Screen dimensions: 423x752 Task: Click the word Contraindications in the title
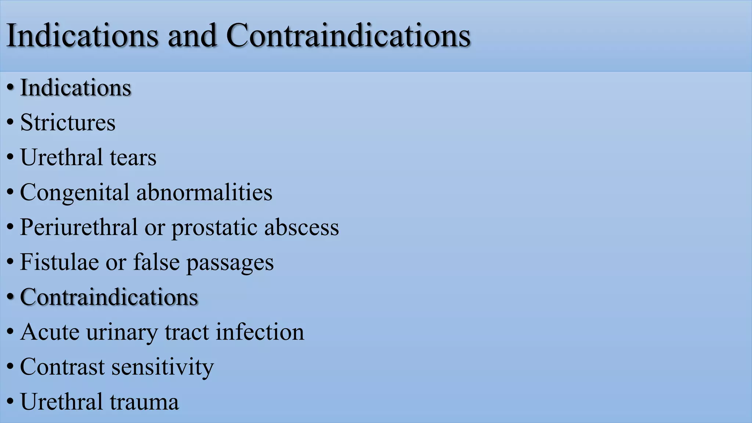pyautogui.click(x=348, y=36)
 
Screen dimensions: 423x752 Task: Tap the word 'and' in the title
pyautogui.click(x=192, y=36)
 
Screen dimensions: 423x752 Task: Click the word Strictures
pyautogui.click(x=68, y=122)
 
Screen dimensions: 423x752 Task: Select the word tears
pyautogui.click(x=133, y=157)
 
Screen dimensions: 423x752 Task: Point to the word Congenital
pyautogui.click(x=75, y=192)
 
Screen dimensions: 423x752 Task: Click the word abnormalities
pyautogui.click(x=204, y=192)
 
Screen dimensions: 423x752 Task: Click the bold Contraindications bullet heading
pyautogui.click(x=109, y=297)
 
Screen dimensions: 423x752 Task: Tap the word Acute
pyautogui.click(x=50, y=332)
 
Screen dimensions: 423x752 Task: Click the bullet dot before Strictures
pyautogui.click(x=10, y=123)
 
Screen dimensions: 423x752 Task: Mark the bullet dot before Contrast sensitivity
pyautogui.click(x=10, y=367)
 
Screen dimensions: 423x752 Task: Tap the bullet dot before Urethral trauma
pyautogui.click(x=10, y=402)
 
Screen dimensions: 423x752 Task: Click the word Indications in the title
pyautogui.click(x=83, y=36)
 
